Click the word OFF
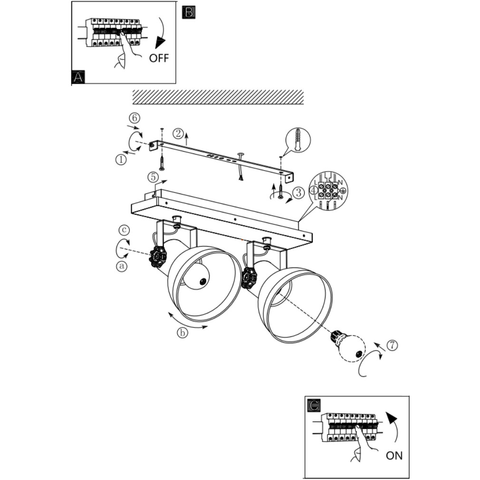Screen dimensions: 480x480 (159, 58)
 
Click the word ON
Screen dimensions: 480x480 (394, 455)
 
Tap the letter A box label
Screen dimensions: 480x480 (77, 77)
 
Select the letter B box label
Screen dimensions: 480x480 (189, 13)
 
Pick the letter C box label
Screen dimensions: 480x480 (314, 405)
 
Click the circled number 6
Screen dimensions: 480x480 (134, 117)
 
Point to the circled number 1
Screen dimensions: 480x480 (121, 160)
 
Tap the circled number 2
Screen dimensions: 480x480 (178, 133)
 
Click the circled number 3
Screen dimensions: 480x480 (298, 192)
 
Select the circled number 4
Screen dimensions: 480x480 (313, 190)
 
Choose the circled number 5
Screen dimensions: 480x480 (153, 177)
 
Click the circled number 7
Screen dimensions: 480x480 (391, 346)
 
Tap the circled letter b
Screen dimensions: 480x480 (182, 333)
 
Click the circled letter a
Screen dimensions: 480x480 (122, 266)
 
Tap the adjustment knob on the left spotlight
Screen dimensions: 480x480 (157, 257)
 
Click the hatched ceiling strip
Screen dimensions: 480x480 (218, 96)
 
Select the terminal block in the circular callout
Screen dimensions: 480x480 (328, 190)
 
